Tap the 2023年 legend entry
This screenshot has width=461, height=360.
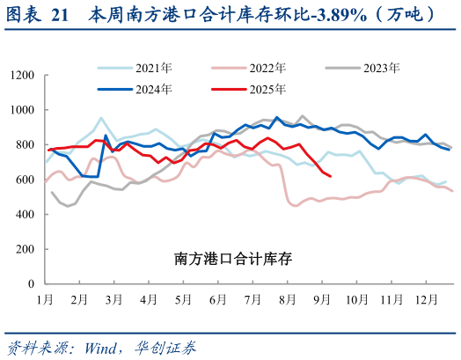(377, 68)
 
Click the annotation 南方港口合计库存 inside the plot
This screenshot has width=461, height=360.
(232, 259)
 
